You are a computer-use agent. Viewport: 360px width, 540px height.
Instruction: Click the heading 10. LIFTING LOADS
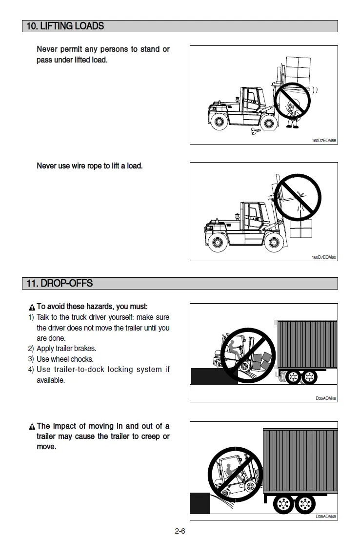[x=65, y=26]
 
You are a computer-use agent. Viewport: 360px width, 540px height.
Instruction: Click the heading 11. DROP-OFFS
[x=60, y=284]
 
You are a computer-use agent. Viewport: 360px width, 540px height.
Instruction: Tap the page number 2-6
[x=180, y=531]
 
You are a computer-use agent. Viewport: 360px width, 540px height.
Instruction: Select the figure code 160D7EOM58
[x=324, y=141]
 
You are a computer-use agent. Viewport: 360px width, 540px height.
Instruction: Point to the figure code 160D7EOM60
[x=324, y=257]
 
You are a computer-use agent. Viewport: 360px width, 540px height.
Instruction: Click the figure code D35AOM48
[x=326, y=398]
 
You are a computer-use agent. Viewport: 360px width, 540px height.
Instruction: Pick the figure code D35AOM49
[x=326, y=517]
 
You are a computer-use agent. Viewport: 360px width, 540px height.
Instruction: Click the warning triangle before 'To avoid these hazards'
[x=32, y=308]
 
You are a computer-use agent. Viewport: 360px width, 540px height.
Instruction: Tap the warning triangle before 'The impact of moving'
[x=32, y=427]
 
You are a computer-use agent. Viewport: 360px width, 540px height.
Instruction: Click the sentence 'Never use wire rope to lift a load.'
[x=90, y=166]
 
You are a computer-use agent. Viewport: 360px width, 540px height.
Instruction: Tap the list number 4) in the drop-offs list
[x=31, y=370]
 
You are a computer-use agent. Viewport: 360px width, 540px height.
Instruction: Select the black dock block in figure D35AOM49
[x=200, y=503]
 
